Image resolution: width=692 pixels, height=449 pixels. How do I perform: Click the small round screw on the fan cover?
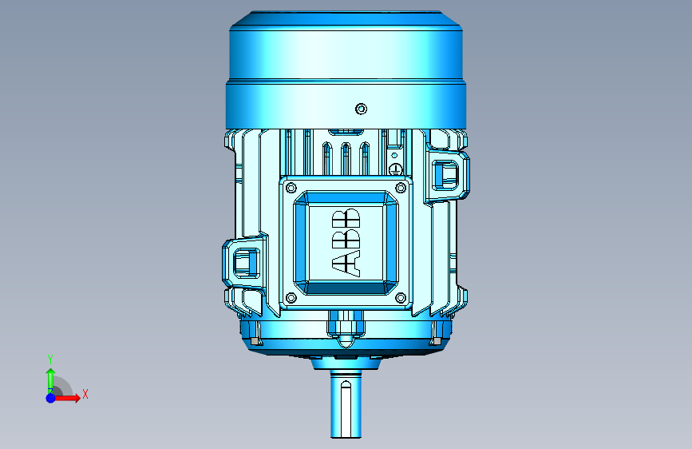point(361,109)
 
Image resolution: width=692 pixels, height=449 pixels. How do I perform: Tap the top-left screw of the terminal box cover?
point(291,189)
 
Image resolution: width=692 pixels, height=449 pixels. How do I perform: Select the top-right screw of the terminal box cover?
point(401,189)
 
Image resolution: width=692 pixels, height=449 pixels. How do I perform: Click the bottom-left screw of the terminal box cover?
point(291,298)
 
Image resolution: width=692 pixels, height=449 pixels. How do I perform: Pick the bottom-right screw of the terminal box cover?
point(401,298)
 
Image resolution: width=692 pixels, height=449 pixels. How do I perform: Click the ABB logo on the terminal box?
point(346,243)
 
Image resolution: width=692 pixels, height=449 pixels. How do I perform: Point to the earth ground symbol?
point(395,169)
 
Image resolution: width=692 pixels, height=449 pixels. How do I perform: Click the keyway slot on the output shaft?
point(346,408)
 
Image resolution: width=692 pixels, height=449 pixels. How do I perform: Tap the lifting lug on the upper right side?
point(447,175)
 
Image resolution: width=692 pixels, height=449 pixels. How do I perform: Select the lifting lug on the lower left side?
point(245,263)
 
